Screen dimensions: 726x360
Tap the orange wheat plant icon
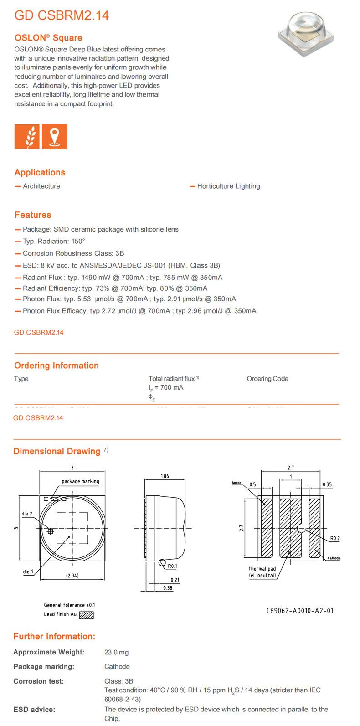(x=27, y=136)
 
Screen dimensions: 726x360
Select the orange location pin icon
(x=55, y=136)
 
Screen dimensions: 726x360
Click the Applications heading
(x=40, y=172)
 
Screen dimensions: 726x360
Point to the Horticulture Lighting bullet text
(x=228, y=186)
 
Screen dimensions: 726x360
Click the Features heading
(x=33, y=215)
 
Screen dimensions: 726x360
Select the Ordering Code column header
(x=267, y=379)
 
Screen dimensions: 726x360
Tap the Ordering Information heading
(x=56, y=366)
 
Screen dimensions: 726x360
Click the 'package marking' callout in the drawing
(x=80, y=481)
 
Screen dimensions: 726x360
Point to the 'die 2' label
(x=27, y=514)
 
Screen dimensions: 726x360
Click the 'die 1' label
(x=28, y=572)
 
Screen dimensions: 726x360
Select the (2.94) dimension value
(x=72, y=576)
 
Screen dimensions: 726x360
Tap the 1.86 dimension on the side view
(x=165, y=476)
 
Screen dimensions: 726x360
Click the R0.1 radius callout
(x=172, y=566)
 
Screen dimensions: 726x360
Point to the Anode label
(x=236, y=482)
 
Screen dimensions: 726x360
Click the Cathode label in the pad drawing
(x=334, y=558)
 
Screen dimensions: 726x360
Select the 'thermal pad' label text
(x=262, y=569)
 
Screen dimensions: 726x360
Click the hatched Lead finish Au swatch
(x=87, y=615)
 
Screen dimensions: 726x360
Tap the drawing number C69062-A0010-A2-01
(x=300, y=610)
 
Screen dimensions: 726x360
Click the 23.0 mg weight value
(x=117, y=652)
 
